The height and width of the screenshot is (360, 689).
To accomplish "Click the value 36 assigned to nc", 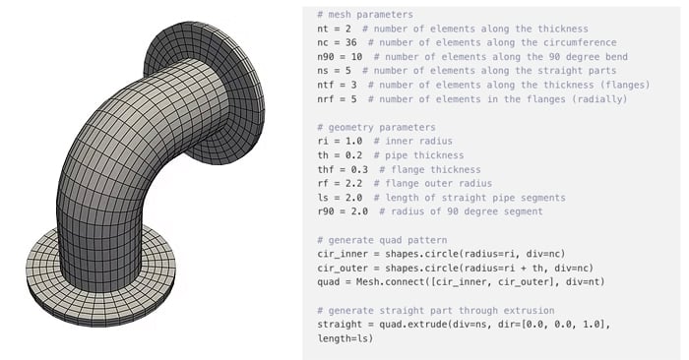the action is pyautogui.click(x=350, y=42).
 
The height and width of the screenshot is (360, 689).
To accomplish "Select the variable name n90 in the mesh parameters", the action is pyautogui.click(x=325, y=57).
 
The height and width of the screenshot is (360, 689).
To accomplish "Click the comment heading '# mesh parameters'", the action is pyautogui.click(x=365, y=15).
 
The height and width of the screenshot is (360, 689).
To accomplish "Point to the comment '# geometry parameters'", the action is pyautogui.click(x=376, y=127).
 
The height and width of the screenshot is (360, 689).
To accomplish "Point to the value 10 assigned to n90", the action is pyautogui.click(x=356, y=57).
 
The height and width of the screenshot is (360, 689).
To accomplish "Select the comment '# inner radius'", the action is pyautogui.click(x=413, y=141).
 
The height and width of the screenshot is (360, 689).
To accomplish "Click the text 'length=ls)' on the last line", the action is pyautogui.click(x=344, y=338).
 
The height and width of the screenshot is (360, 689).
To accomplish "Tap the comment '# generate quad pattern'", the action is pyautogui.click(x=382, y=240).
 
